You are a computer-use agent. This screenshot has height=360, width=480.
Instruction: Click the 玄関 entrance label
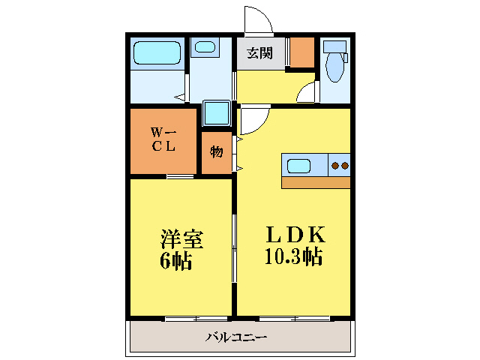261,54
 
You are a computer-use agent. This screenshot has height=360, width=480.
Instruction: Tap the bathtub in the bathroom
157,53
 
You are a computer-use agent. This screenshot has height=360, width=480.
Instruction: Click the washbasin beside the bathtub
203,47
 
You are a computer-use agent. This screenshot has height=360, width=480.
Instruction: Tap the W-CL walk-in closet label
163,141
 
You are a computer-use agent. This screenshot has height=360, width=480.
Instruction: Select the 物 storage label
216,152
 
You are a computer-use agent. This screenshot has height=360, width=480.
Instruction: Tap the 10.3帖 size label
292,257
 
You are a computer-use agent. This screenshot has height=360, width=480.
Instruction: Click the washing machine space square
217,113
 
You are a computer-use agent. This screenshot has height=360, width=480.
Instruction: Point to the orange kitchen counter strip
316,181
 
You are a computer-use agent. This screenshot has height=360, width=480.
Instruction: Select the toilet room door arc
306,93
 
